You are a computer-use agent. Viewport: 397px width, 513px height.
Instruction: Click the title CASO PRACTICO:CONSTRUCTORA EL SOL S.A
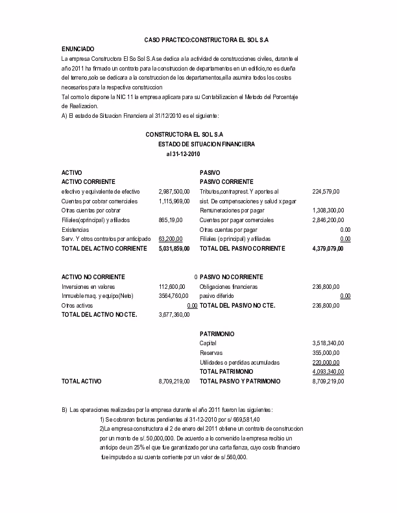click(202, 40)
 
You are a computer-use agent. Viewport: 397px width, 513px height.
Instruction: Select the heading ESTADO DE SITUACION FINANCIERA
click(206, 144)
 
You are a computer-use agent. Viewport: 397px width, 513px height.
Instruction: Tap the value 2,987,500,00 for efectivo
click(174, 192)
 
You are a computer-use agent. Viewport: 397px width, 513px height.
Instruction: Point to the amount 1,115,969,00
click(174, 201)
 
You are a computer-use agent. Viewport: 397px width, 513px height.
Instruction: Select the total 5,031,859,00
click(174, 249)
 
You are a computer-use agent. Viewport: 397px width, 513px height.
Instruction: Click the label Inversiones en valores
click(89, 286)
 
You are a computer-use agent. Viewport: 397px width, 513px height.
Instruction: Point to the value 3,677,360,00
click(174, 315)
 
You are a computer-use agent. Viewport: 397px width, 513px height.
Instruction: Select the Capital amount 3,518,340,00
click(328, 343)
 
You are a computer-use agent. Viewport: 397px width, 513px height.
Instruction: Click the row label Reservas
click(211, 353)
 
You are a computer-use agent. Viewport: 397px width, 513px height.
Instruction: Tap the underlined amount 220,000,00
click(326, 363)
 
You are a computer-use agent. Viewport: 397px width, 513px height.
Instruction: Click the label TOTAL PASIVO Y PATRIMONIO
click(240, 382)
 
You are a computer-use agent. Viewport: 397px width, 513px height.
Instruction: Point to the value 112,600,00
click(172, 286)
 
